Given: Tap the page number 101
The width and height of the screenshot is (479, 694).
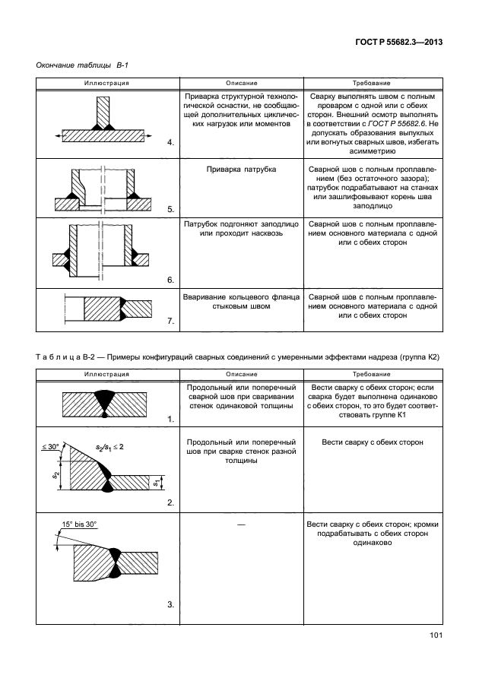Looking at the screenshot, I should pos(436,636).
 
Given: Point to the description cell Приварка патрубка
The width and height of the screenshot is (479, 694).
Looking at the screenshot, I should pos(241,169).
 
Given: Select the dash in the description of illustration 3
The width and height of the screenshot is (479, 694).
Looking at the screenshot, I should pos(241,525).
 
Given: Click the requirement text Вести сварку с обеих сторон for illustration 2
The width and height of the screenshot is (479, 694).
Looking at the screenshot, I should pos(372,442).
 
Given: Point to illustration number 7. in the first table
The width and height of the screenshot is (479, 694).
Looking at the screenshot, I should pos(170,322).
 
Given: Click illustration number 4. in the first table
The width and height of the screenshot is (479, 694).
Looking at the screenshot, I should pos(170,142).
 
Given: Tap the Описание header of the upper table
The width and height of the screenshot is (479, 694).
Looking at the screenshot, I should pos(241,82).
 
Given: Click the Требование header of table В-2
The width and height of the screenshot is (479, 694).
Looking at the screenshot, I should pos(372,374).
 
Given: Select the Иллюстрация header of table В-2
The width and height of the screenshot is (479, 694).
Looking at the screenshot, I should pos(108,374).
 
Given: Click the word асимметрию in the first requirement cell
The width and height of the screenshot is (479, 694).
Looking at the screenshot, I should pos(372,151).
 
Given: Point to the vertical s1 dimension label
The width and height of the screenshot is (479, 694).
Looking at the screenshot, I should pos(154,483).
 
